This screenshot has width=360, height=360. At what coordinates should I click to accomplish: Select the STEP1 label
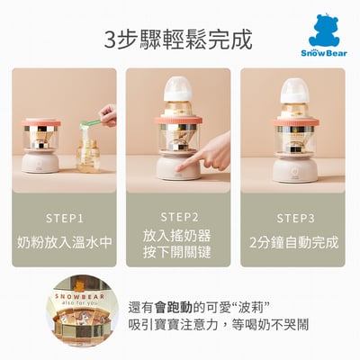click(64, 218)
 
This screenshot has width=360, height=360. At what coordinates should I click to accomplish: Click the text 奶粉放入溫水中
click(64, 243)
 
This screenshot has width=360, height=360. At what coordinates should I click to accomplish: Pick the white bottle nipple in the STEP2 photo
click(178, 87)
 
